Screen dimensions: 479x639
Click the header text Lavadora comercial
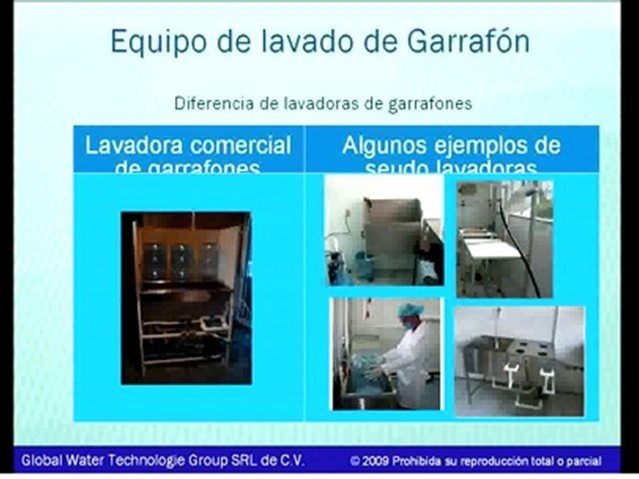188,146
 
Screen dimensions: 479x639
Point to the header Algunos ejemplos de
451,146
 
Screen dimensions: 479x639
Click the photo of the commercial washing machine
186,297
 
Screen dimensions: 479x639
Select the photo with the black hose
505,238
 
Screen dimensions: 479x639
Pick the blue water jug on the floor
364,267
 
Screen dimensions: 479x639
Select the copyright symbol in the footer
357,460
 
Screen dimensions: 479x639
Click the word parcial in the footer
584,460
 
